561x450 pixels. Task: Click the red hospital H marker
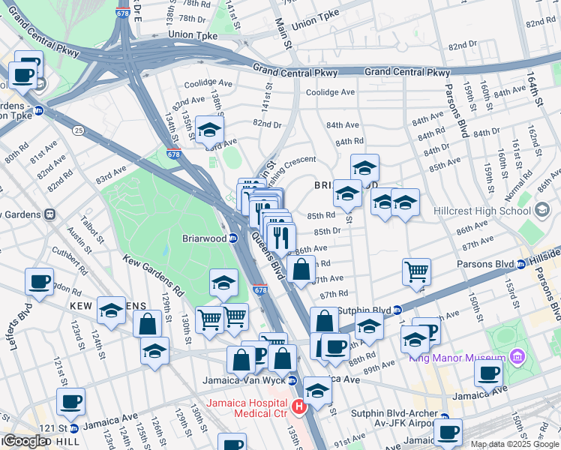[x=299, y=407]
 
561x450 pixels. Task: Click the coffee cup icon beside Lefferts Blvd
[x=39, y=283]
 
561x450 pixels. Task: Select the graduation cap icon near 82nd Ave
[x=210, y=129]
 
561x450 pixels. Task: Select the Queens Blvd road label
[x=267, y=255]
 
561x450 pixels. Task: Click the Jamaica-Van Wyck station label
[x=244, y=380]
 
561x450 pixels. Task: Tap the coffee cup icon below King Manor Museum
[x=489, y=373]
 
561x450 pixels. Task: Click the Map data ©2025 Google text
[x=514, y=444]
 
